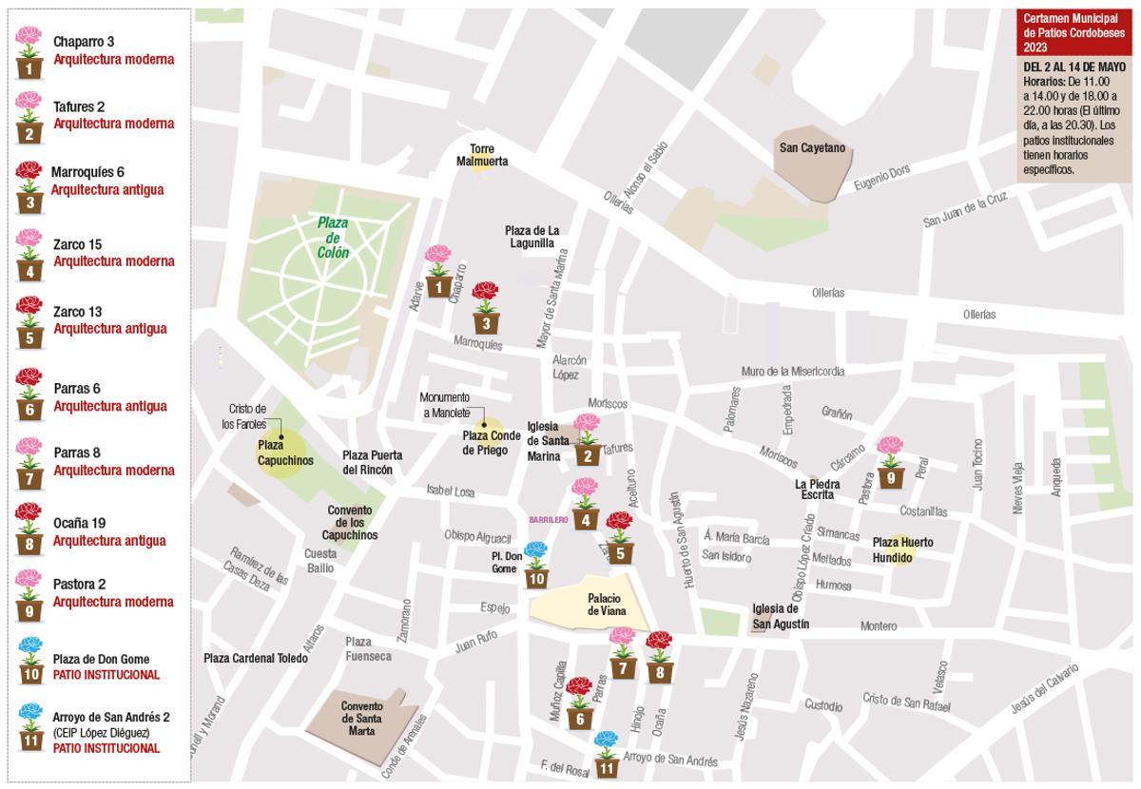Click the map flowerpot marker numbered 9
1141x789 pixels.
(890, 463)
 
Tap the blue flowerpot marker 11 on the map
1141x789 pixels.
(607, 755)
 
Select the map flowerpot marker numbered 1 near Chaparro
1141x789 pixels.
(438, 272)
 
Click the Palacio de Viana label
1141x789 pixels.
(604, 605)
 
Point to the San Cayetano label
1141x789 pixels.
(811, 148)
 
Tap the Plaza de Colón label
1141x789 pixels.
(333, 238)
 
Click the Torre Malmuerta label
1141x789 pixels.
(482, 155)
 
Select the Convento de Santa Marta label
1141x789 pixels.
(362, 719)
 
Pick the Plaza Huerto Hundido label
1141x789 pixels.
(902, 549)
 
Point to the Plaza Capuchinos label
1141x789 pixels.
(285, 452)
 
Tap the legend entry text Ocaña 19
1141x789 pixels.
(79, 523)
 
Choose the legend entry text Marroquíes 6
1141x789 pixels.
(87, 172)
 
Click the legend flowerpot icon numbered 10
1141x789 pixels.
(30, 662)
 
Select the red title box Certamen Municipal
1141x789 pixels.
(1072, 32)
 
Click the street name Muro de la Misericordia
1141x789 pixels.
(792, 372)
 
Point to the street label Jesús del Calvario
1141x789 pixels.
(1045, 689)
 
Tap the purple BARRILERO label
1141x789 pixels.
(549, 520)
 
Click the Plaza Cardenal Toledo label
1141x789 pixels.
(256, 658)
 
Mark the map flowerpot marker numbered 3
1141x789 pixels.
(486, 308)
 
